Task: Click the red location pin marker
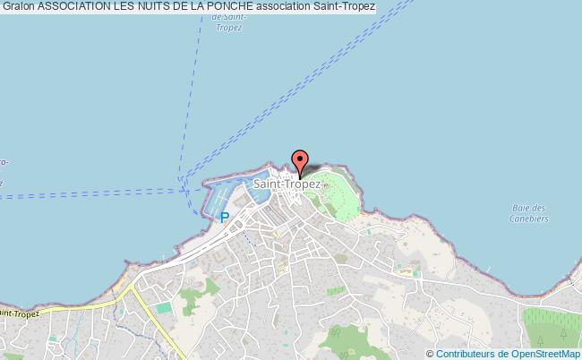[x=300, y=160]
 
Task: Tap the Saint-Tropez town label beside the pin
[x=287, y=184]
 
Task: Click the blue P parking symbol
[x=225, y=218]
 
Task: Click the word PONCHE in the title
[x=237, y=7]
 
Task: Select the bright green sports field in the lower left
[x=164, y=308]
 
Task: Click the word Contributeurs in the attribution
[x=463, y=353]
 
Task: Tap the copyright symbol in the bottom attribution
[x=430, y=353]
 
